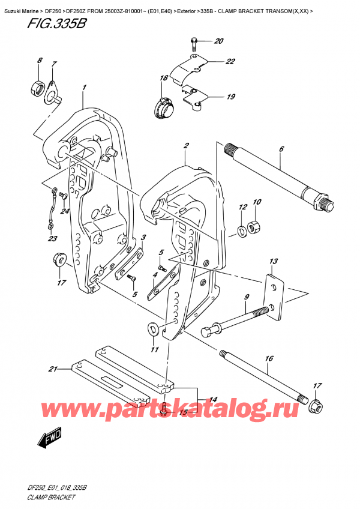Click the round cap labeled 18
click(x=164, y=107)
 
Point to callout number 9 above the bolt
click(x=246, y=297)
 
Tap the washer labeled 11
click(x=152, y=328)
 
